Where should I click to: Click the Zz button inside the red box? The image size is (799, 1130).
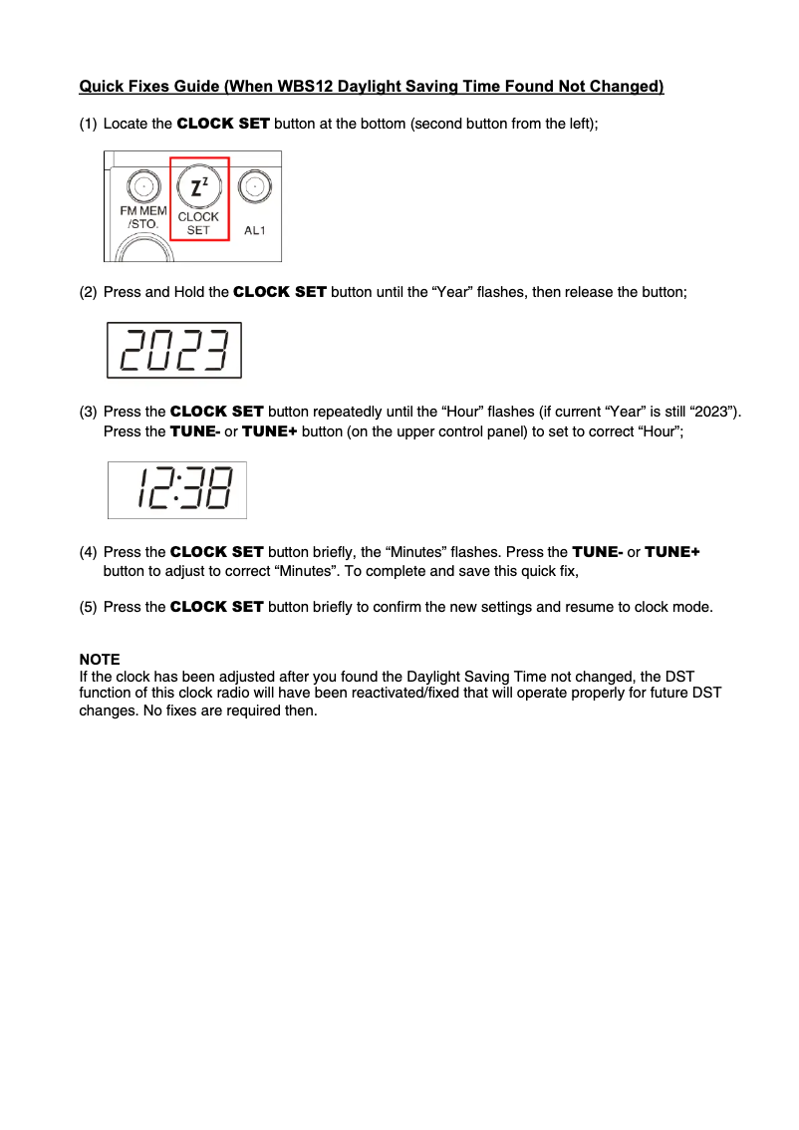click(x=198, y=186)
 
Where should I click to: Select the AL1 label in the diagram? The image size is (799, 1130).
click(x=256, y=230)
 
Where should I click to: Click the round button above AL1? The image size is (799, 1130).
click(x=256, y=186)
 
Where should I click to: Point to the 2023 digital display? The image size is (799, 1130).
click(x=174, y=351)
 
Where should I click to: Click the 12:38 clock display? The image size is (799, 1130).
click(x=176, y=489)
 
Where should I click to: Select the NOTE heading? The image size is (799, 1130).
click(x=100, y=660)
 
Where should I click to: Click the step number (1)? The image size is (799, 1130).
click(x=89, y=124)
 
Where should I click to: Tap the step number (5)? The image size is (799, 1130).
click(x=89, y=607)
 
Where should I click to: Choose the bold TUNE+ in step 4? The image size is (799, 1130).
click(x=672, y=552)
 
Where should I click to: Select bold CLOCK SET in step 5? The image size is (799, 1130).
click(x=217, y=607)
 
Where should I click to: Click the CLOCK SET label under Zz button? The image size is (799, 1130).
click(x=198, y=223)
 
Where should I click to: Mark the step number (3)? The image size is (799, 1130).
click(x=89, y=412)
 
